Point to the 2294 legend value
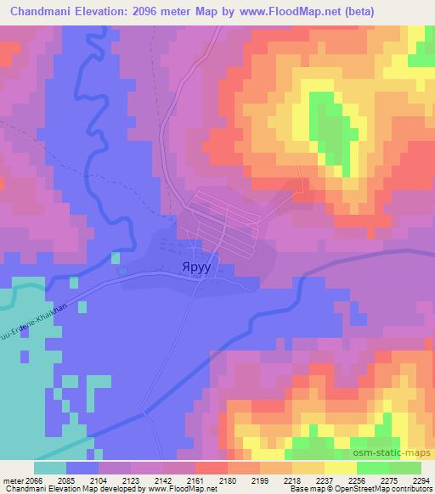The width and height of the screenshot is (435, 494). [x=421, y=479]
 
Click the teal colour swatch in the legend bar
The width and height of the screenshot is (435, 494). [x=50, y=468]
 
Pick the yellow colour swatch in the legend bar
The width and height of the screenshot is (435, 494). [x=341, y=468]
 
